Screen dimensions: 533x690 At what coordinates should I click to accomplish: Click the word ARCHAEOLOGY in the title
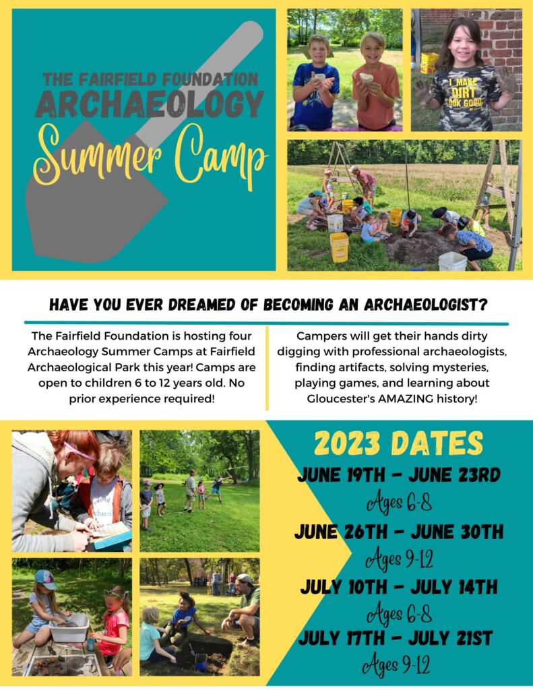(150, 104)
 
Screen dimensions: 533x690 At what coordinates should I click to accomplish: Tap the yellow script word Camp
(221, 157)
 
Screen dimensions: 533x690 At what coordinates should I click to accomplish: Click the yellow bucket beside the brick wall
(429, 63)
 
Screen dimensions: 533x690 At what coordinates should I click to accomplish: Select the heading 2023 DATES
(398, 443)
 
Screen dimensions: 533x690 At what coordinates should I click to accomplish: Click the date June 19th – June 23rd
(399, 475)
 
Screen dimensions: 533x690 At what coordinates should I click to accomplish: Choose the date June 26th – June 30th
(399, 532)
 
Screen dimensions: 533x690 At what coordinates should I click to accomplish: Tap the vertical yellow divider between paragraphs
(267, 369)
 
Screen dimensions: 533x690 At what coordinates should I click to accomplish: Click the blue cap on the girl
(45, 578)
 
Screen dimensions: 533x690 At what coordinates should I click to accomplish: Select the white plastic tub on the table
(69, 628)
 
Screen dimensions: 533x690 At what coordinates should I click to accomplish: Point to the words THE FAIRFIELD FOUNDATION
(150, 80)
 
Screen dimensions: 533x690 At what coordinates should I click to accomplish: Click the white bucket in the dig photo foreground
(452, 261)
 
